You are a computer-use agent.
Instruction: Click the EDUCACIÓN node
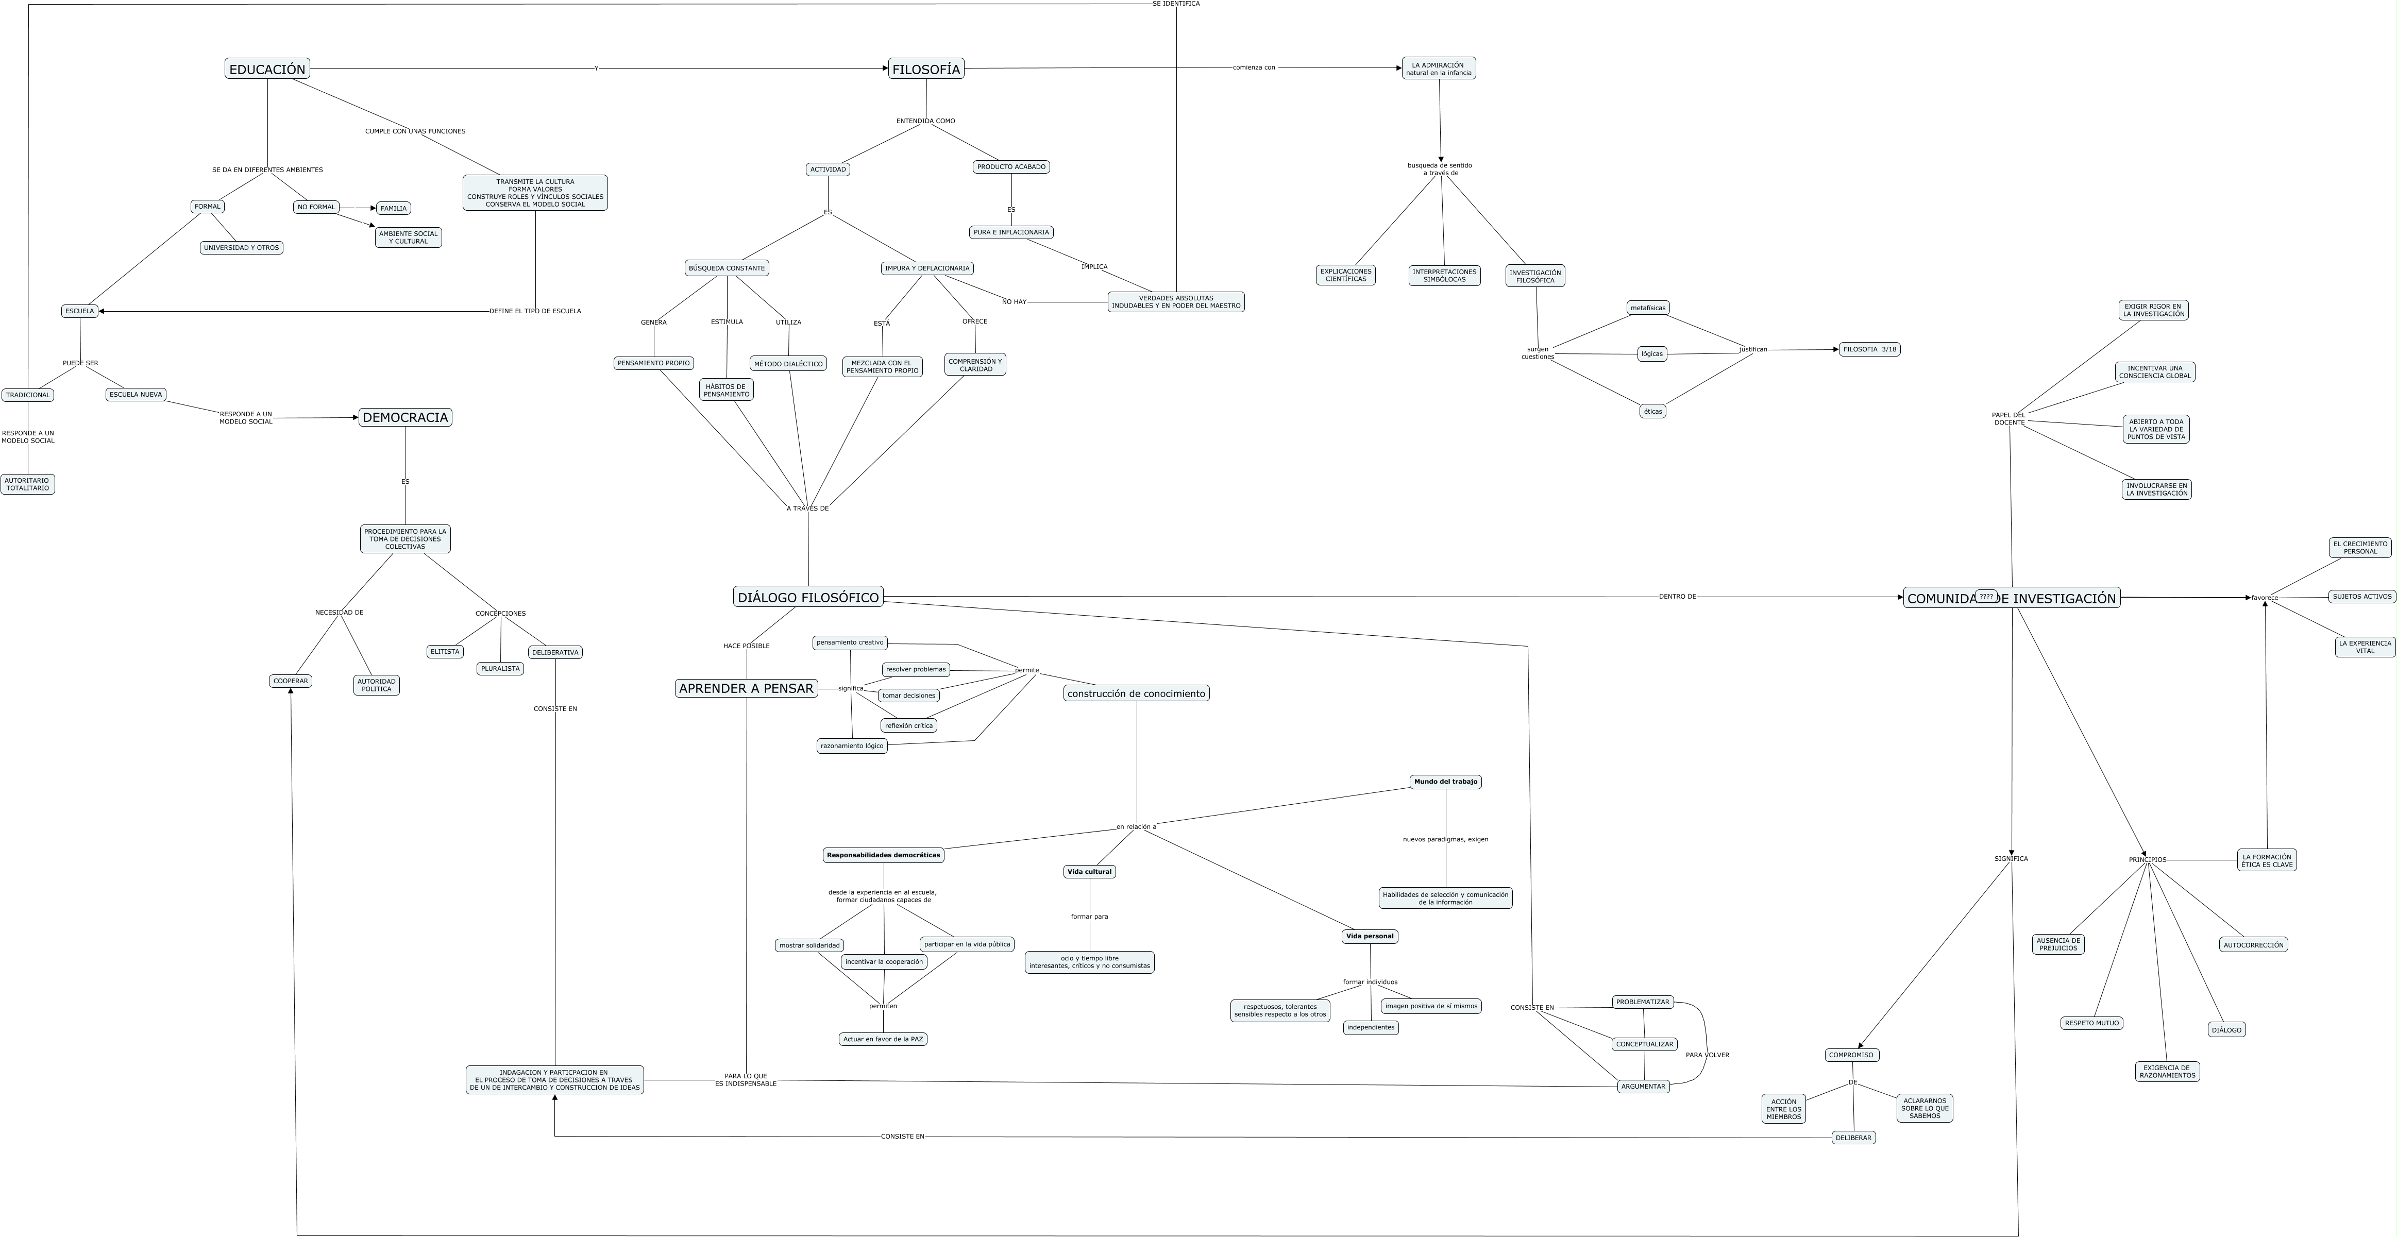pos(267,69)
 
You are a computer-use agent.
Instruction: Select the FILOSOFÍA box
pos(926,69)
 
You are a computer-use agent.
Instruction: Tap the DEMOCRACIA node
pos(405,418)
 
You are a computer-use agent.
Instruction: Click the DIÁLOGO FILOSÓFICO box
pos(808,597)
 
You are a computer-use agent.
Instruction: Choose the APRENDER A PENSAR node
pos(746,688)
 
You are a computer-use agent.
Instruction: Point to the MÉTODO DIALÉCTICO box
pos(788,364)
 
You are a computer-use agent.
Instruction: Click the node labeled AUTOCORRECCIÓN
pos(2253,945)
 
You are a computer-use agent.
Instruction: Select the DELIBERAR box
pos(1853,1138)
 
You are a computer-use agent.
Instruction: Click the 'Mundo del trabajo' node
pos(1445,782)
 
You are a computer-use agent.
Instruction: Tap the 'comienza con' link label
pos(1254,67)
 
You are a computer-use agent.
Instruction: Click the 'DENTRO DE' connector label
pos(1677,596)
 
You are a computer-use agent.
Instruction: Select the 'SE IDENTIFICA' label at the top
pos(1175,4)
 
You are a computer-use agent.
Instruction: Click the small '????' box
pos(1986,596)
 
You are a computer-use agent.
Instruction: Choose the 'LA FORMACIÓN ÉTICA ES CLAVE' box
pos(2267,860)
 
